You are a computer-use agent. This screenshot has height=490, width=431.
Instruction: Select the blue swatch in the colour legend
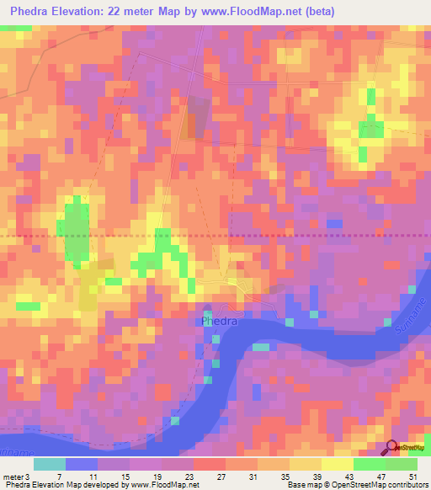tap(82, 464)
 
